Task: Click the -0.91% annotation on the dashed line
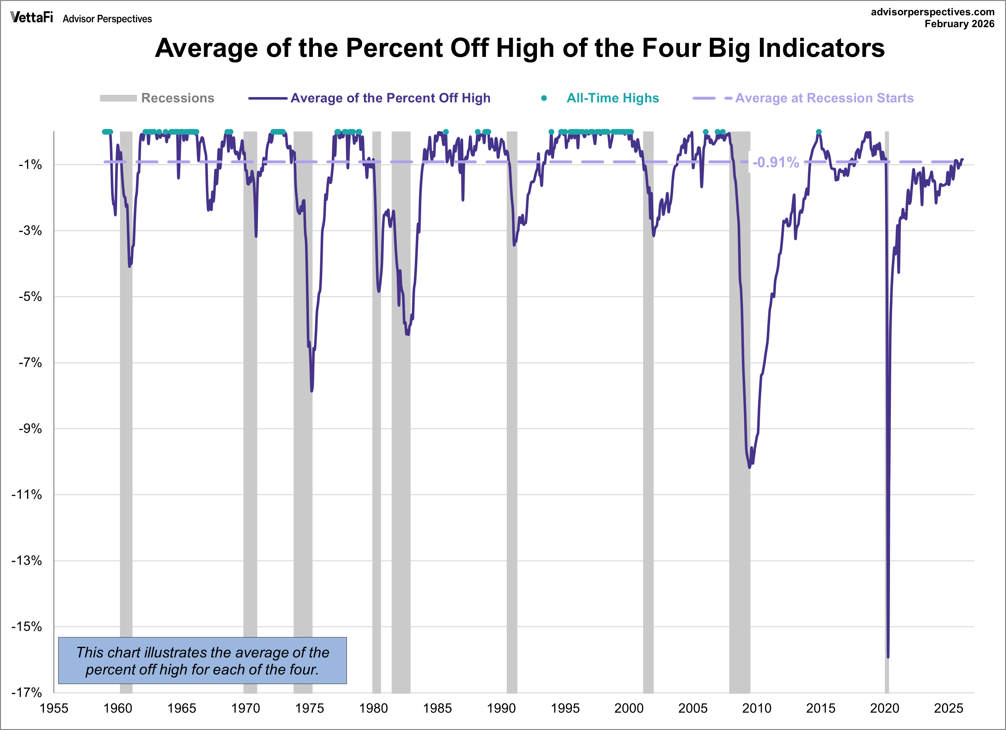click(775, 162)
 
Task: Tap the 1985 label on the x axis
click(437, 708)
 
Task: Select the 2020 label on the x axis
click(884, 708)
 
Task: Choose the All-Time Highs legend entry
click(612, 98)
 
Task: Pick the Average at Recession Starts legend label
click(824, 98)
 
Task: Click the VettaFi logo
click(32, 17)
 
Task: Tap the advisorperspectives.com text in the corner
click(932, 12)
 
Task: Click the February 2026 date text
click(959, 24)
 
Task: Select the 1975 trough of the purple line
click(312, 391)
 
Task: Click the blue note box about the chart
click(202, 660)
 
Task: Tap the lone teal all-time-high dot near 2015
click(819, 132)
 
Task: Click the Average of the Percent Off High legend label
click(390, 98)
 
